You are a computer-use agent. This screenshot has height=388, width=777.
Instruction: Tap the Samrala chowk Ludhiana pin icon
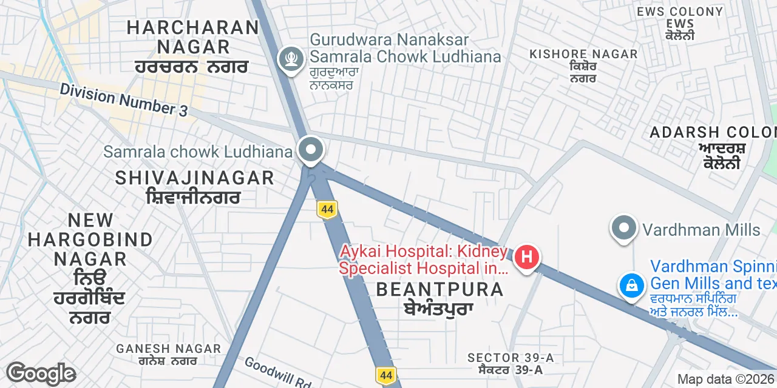coord(311,149)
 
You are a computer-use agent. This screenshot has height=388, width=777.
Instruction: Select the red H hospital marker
coord(526,257)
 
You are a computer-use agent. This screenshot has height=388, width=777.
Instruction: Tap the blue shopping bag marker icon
coord(631,284)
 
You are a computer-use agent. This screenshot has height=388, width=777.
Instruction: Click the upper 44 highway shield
coord(327,210)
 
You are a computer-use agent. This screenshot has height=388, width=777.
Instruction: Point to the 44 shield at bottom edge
coord(385,375)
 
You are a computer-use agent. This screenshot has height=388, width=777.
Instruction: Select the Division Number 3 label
coord(124,101)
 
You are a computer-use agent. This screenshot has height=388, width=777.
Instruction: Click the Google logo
coord(41,373)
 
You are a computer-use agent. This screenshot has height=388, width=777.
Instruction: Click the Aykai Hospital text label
coord(423,259)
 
